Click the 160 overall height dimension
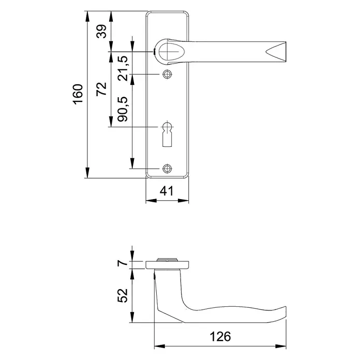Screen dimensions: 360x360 point(78,94)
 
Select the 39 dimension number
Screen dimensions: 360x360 point(101,31)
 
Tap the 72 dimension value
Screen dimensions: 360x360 point(101,89)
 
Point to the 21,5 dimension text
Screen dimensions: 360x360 point(123,68)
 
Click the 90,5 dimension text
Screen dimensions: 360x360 point(123,109)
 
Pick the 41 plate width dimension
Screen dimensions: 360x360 point(167,191)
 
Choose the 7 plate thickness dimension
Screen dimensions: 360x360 point(123,262)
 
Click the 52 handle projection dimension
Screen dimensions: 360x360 point(123,295)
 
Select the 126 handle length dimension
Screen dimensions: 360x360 point(220,337)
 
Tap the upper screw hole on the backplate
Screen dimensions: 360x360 point(167,74)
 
